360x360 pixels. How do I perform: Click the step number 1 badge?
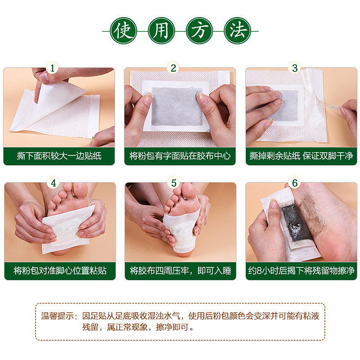[x=53, y=68]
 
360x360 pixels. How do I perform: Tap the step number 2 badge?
[x=174, y=68]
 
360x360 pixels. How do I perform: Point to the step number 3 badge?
[x=295, y=68]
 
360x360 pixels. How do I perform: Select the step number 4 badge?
[x=53, y=183]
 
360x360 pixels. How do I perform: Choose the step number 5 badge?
[x=174, y=183]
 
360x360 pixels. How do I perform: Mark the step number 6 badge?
[x=295, y=183]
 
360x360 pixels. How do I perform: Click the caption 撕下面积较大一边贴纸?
[x=59, y=156]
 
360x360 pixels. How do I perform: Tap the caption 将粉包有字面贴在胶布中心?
[x=180, y=156]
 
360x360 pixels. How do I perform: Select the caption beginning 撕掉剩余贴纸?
[x=301, y=156]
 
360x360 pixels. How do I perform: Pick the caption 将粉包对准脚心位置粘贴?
[x=59, y=271]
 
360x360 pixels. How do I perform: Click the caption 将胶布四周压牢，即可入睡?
[x=180, y=271]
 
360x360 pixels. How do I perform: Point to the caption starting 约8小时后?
[x=301, y=271]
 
